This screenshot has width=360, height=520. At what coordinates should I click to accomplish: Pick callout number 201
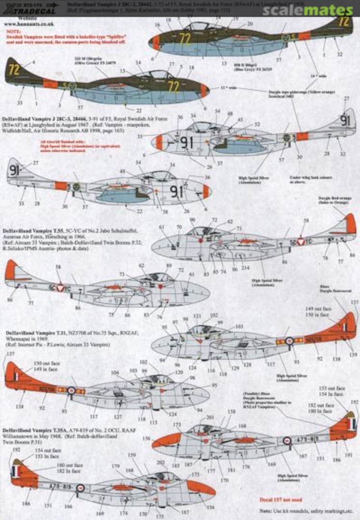210,416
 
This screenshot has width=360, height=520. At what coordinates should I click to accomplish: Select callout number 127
118,417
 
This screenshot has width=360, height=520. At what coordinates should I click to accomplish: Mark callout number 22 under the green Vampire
125,111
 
